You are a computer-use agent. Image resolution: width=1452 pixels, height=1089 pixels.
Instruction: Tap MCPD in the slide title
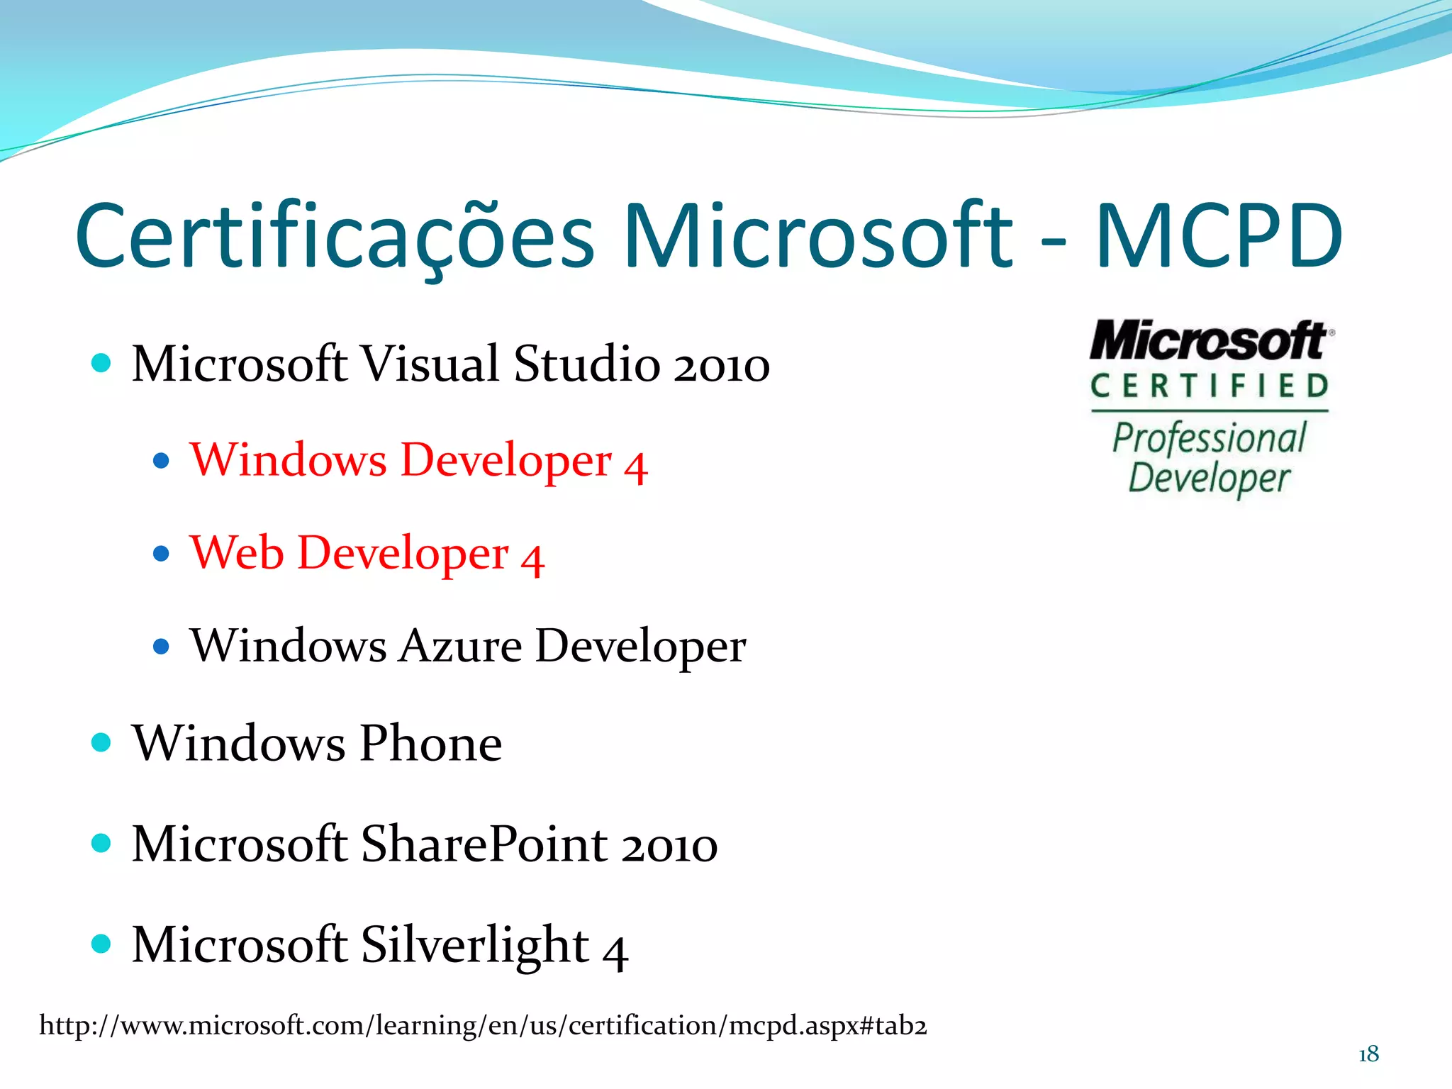(x=1218, y=237)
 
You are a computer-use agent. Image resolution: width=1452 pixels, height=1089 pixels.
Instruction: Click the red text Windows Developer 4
(x=418, y=461)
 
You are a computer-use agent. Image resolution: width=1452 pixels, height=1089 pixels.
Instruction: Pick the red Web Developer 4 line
(x=367, y=554)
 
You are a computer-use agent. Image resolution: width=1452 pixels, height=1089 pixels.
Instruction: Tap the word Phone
(x=430, y=744)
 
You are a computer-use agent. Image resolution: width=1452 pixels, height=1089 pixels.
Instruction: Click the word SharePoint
(x=485, y=844)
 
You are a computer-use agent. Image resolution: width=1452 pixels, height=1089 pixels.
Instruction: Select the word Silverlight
(x=475, y=946)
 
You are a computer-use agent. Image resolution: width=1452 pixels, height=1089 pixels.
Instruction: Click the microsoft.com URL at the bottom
(x=483, y=1026)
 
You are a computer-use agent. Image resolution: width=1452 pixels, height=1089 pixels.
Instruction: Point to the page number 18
(x=1368, y=1054)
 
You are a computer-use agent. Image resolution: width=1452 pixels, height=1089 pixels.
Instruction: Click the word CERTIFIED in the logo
(x=1210, y=386)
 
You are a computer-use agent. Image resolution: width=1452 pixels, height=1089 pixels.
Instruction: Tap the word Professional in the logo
(x=1210, y=437)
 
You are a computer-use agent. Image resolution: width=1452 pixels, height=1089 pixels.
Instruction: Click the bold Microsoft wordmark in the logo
(x=1208, y=341)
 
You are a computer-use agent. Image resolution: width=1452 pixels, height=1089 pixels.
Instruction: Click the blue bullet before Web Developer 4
(x=162, y=554)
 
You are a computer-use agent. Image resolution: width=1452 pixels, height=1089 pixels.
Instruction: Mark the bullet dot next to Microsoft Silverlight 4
(x=101, y=944)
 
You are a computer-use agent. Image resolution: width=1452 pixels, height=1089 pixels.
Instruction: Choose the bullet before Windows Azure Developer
(x=162, y=647)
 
